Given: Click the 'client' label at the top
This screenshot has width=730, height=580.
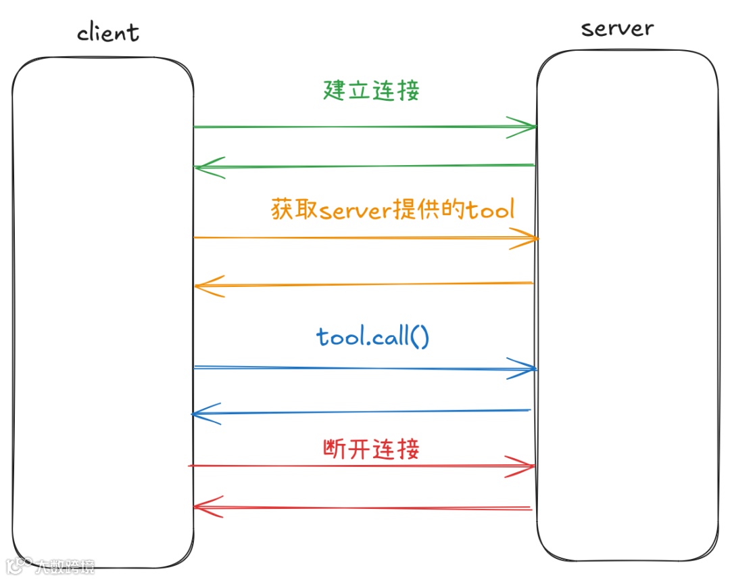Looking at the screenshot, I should pos(108,32).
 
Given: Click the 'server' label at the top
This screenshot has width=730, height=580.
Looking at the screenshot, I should pos(617,28).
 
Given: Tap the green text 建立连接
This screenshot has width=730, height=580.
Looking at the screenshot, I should pos(370,90).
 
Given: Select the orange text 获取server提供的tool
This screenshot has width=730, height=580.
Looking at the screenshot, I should pos(393,209).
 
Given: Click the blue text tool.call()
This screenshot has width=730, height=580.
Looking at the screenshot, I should pos(372,336).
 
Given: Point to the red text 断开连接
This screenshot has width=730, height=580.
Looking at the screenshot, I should pos(370,448).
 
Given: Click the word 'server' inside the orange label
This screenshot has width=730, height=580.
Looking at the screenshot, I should pos(355,210).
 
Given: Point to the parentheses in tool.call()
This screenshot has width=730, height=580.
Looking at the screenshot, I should pos(419,336).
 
